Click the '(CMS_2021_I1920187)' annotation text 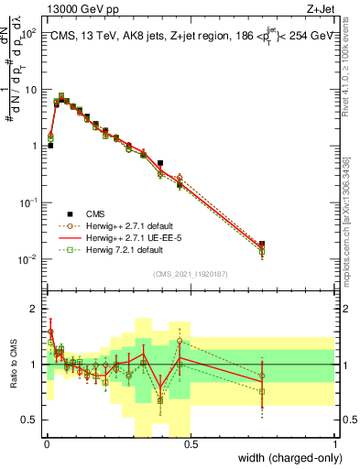tap(189, 272)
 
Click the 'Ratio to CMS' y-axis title tap(12, 365)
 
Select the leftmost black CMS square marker tap(50, 145)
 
